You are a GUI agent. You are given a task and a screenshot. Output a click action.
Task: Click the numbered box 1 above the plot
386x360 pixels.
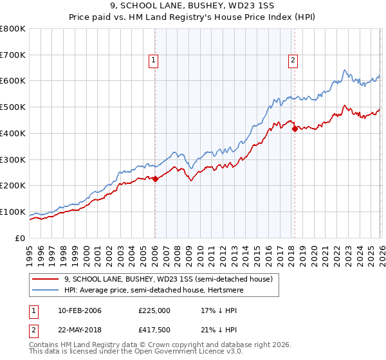(x=154, y=61)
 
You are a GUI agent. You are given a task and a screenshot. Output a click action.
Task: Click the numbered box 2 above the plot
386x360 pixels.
(x=293, y=61)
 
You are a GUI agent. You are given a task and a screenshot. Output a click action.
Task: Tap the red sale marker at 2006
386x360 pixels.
(x=155, y=179)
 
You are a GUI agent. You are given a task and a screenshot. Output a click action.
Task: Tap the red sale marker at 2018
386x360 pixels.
(x=295, y=129)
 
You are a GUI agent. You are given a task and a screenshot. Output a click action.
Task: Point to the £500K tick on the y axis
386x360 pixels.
(x=13, y=107)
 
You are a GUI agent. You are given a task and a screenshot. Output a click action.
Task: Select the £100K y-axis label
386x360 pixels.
(x=13, y=212)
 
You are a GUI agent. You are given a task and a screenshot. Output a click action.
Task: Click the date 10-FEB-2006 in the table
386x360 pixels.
(x=79, y=310)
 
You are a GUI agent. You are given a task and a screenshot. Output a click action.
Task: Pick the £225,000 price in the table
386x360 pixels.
(x=154, y=310)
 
